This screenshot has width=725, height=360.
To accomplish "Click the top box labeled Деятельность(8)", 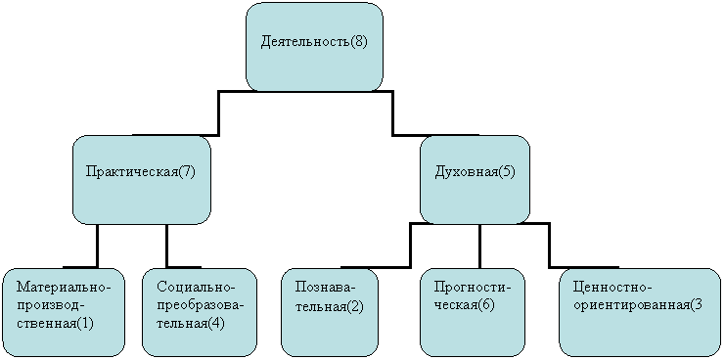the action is (x=314, y=47).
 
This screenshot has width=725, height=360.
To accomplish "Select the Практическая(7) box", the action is (x=142, y=180).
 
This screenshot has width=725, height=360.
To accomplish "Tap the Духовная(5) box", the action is (x=475, y=180).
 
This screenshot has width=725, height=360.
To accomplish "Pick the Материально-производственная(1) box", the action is (x=64, y=312).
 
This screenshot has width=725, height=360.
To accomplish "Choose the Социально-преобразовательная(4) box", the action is (x=200, y=312).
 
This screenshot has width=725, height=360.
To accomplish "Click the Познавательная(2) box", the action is (x=329, y=312).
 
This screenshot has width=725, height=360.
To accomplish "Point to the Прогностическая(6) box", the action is (x=473, y=312).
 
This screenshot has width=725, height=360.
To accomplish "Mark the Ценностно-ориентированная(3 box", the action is (x=640, y=312).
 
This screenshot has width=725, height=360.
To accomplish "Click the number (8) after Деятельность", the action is (x=358, y=42).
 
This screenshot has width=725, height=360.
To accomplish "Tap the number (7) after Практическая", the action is (x=187, y=172).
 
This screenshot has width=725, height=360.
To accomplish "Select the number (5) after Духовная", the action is (x=506, y=172).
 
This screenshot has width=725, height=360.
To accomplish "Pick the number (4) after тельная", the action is (x=215, y=323).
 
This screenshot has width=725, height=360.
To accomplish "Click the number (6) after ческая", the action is (x=486, y=305).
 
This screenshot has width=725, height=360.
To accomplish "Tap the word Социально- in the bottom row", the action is (x=196, y=287).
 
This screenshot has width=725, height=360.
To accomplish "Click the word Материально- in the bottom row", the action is (x=65, y=287).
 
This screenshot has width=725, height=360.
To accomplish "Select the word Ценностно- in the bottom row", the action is (x=612, y=287).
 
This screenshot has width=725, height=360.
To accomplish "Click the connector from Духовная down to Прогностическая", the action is (x=479, y=246).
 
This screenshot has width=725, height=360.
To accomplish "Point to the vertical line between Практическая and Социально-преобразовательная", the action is (x=166, y=246).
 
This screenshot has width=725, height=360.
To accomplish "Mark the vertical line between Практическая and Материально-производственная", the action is (x=98, y=246).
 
